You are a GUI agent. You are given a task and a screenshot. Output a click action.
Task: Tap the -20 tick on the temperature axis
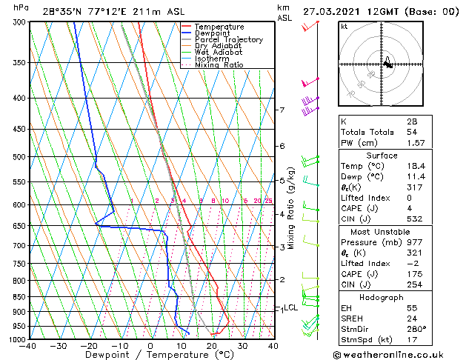[88, 346]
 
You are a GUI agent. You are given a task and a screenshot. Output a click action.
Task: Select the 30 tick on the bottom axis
[242, 346]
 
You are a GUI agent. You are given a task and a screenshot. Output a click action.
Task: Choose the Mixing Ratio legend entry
[219, 65]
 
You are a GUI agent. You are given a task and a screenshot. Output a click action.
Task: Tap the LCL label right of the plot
[290, 307]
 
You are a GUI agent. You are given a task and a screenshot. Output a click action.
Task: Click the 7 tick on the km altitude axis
[282, 110]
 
